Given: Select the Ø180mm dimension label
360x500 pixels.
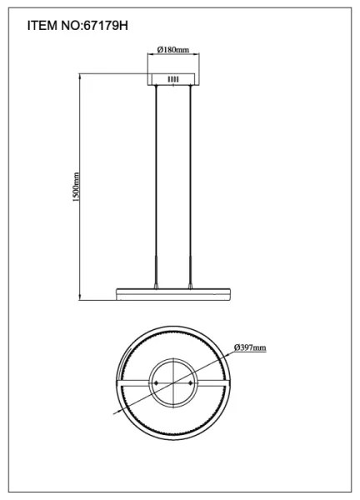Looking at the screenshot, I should (x=173, y=51).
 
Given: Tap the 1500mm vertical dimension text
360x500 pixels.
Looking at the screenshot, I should (x=75, y=188).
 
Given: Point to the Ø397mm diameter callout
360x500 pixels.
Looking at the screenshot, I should (x=250, y=347).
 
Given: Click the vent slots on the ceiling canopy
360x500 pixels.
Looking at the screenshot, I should (x=173, y=80).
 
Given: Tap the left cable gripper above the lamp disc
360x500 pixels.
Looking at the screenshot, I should (x=156, y=283).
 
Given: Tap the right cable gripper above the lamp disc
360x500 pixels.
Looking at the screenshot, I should (x=191, y=283).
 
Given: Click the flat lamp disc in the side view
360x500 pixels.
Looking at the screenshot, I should (x=173, y=293).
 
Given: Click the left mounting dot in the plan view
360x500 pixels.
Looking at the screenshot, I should (x=156, y=382).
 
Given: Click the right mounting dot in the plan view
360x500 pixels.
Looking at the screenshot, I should (x=191, y=382).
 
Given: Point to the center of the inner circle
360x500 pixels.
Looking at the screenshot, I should (x=173, y=382).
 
